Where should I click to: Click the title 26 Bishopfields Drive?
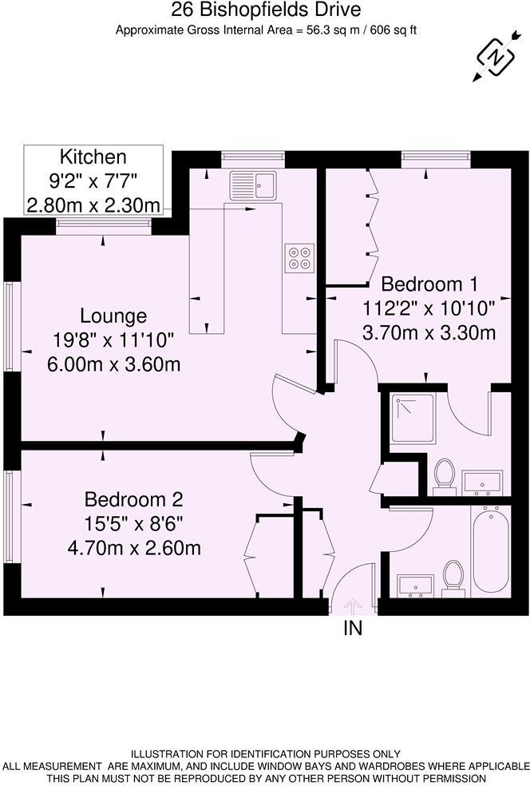point(267,10)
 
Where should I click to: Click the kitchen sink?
point(252,186)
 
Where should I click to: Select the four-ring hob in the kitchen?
point(299,256)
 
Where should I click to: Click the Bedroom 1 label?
point(433,284)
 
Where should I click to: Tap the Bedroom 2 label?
point(134,500)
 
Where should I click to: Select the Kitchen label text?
point(94,157)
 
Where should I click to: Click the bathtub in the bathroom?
point(490,551)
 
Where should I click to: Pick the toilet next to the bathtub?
point(453,576)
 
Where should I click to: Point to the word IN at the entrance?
point(353,629)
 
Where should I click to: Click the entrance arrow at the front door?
point(352,606)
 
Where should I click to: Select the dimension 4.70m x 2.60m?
point(134,549)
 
